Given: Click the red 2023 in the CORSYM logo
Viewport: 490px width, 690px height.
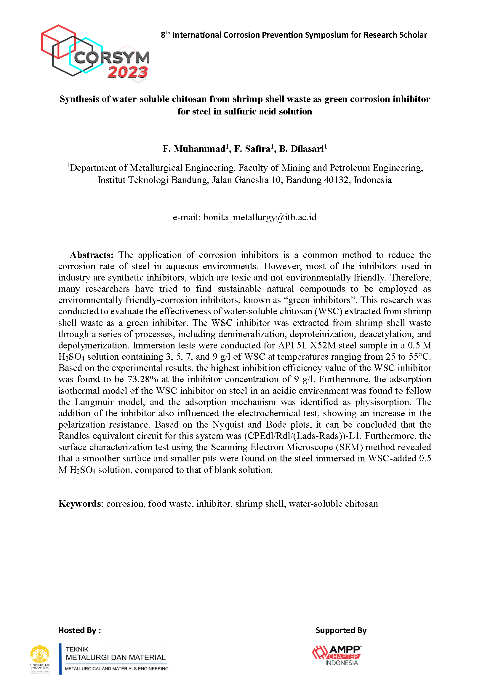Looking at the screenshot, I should click(128, 72).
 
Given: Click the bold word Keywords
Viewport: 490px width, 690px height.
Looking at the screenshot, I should click(80, 504).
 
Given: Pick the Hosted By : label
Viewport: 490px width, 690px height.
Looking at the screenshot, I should click(80, 630).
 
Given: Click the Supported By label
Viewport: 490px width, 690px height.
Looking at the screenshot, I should click(341, 630).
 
